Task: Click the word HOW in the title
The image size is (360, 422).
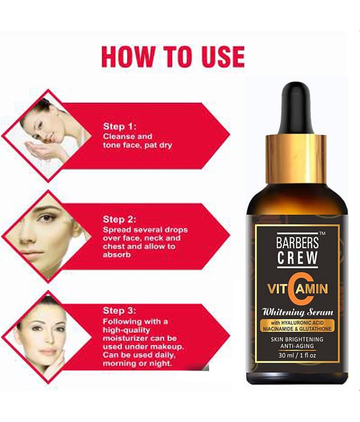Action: (x=127, y=56)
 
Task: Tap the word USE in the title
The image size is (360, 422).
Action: (x=223, y=56)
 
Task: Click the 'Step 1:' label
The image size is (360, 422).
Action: (x=120, y=127)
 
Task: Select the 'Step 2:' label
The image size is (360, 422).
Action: (x=119, y=219)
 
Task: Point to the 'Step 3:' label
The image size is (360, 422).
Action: (x=119, y=311)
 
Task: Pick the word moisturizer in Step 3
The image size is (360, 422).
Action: (x=125, y=338)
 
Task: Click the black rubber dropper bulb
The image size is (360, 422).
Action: (x=296, y=108)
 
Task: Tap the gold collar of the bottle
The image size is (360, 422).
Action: (x=296, y=160)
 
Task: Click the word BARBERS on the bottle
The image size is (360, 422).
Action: (x=297, y=243)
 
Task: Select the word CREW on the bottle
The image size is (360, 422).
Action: (x=297, y=257)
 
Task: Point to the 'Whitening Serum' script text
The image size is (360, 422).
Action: (x=298, y=312)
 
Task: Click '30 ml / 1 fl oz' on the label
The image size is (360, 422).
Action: (x=297, y=355)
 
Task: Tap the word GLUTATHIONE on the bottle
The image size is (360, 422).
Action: (x=315, y=329)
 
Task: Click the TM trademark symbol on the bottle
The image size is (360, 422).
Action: (x=322, y=234)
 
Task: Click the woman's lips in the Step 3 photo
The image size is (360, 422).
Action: (x=48, y=352)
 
